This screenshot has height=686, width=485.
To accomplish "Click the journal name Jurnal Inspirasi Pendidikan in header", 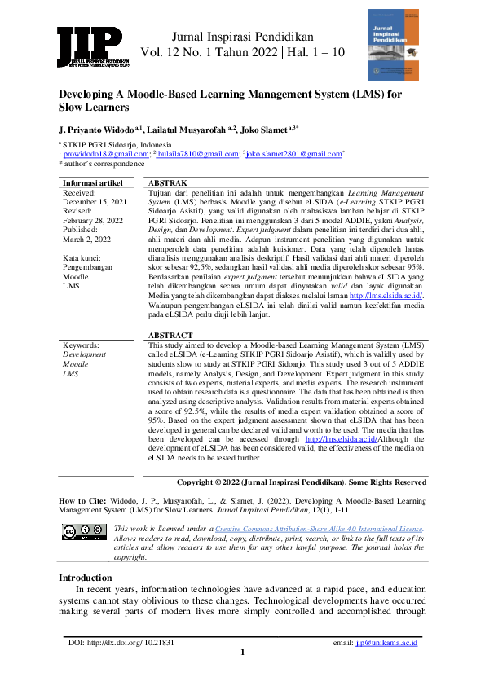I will [242, 37].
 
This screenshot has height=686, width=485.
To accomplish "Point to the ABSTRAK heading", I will [166, 183].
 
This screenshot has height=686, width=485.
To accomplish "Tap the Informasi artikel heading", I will [93, 183].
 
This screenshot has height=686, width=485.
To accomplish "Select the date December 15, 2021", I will [95, 201].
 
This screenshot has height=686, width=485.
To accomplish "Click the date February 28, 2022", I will [94, 220].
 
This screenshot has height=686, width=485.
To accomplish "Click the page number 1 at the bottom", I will [242, 653].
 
